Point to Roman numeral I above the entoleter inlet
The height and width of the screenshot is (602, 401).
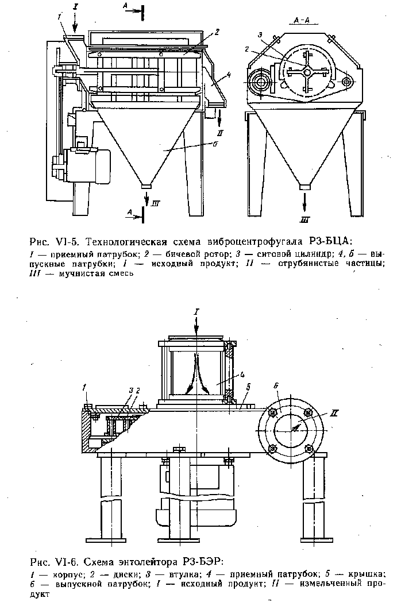196,312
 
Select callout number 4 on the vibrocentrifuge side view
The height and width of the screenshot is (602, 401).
228,74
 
